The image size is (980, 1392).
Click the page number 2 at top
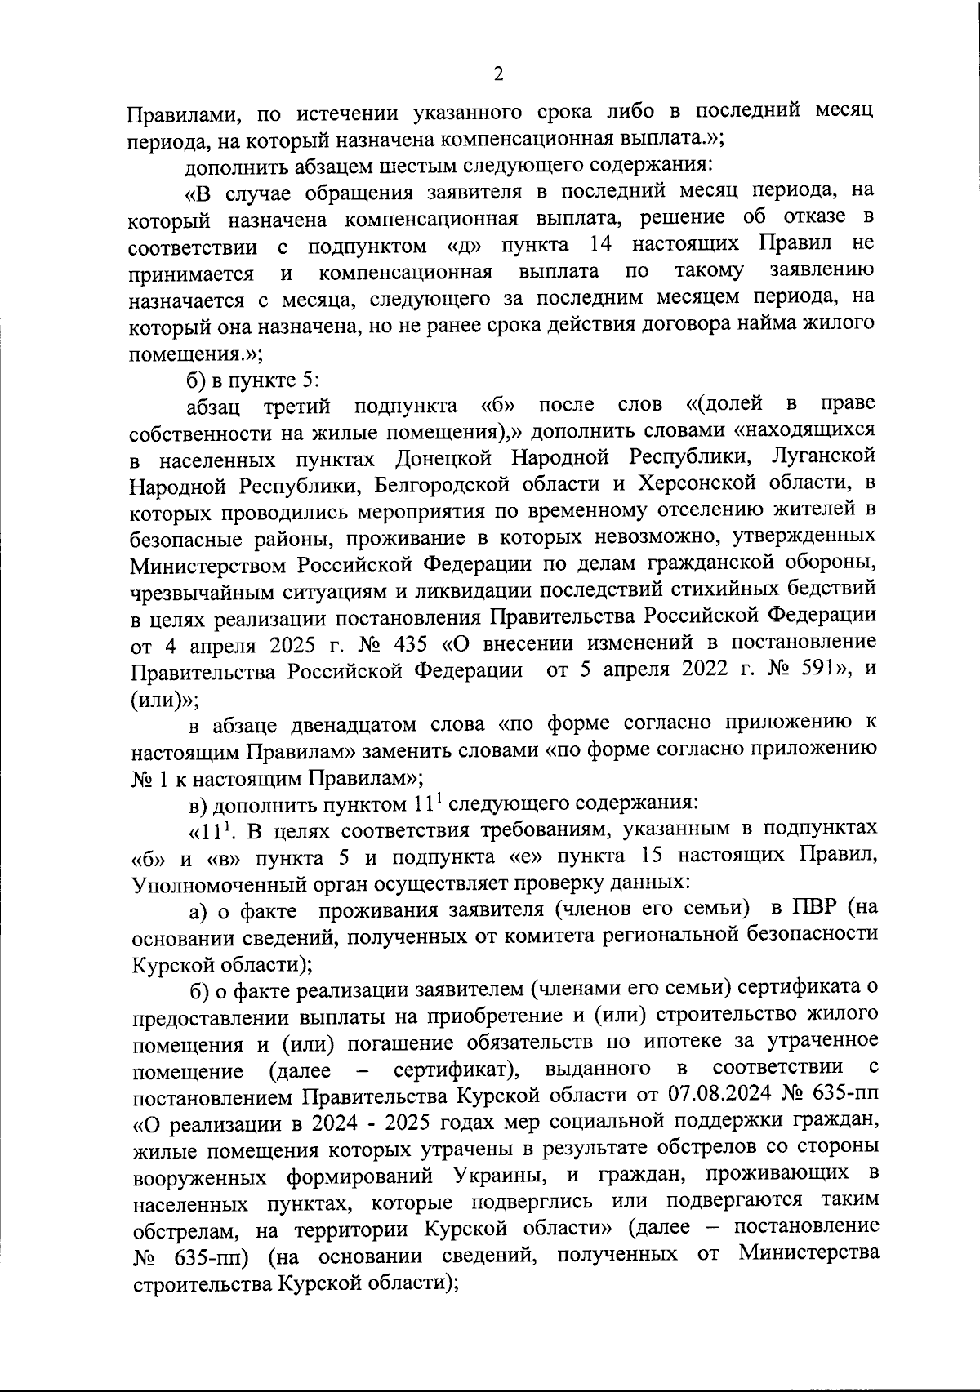498,74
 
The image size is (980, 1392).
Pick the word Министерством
208,564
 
